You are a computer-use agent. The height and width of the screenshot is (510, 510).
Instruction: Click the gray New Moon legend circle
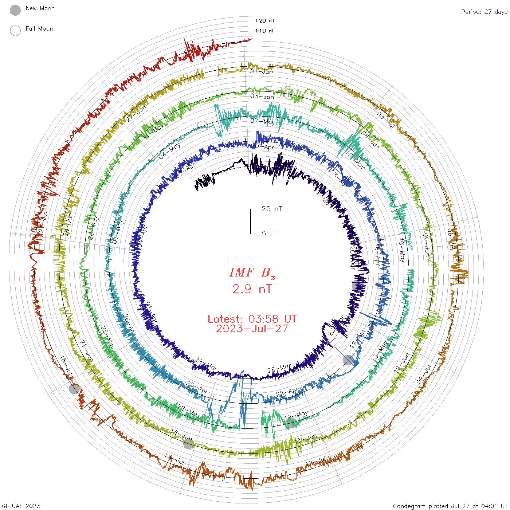pos(15,10)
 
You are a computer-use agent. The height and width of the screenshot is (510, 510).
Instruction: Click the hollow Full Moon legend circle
pos(15,31)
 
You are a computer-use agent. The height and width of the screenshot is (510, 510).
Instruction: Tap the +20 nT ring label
pos(265,21)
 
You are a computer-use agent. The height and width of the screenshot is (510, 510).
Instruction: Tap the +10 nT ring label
pos(265,31)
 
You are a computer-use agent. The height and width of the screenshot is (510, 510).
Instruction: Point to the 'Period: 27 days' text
pos(484,12)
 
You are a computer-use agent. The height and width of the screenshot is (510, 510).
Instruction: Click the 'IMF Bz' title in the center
pos(252,272)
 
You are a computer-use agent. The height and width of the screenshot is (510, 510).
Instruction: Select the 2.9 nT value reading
pos(252,289)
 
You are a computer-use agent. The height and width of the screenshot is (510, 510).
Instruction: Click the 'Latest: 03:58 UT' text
pos(252,319)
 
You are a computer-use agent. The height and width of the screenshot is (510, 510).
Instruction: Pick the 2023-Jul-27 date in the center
pos(252,329)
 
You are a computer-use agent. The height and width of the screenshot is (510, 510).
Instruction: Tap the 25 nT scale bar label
pos(272,209)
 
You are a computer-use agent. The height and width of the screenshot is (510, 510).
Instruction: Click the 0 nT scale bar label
pos(270,234)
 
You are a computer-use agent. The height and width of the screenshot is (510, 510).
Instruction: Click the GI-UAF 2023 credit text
pos(20,506)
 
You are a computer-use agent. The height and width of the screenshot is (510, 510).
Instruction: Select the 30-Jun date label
pos(261,71)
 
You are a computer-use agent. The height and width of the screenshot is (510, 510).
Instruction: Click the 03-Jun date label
pos(262,96)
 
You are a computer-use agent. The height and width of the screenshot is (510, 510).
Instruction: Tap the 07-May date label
pos(263,121)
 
